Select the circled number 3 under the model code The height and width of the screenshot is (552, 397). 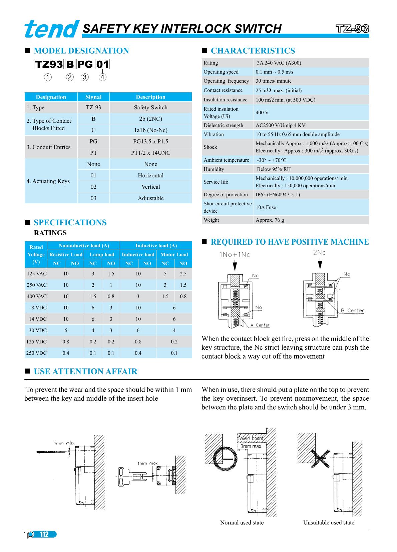pos(85,77)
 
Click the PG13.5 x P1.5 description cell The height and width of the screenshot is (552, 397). pos(150,141)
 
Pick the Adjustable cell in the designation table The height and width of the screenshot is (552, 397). pos(150,198)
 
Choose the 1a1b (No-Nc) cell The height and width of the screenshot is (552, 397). pos(150,130)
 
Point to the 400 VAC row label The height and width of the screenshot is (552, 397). pos(37,296)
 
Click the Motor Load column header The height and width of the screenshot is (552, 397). pos(174,254)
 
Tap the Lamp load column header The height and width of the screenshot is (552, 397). pos(102,254)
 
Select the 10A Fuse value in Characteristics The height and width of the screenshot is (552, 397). pos(266,207)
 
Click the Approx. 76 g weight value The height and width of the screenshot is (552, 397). pos(270,220)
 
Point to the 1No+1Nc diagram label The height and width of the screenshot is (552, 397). pos(235,255)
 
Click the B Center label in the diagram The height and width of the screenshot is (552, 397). pos(352,310)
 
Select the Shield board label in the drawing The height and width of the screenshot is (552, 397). pos(251,438)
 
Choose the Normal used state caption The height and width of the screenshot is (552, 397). pos(242,522)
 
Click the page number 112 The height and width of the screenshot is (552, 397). pos(44,535)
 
